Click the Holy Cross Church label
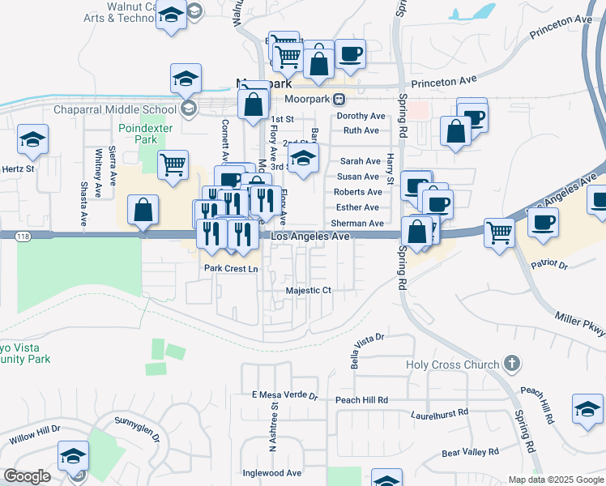[453, 364]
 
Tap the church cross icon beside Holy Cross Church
[511, 364]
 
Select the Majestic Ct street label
[309, 290]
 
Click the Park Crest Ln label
[230, 268]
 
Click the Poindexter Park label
[137, 134]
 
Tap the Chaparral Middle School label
[114, 109]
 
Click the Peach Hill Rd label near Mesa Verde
[361, 400]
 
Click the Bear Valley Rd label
[470, 452]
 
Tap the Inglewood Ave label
[271, 473]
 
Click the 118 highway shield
[6, 235]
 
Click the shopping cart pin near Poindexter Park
[173, 164]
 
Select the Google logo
[27, 476]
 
